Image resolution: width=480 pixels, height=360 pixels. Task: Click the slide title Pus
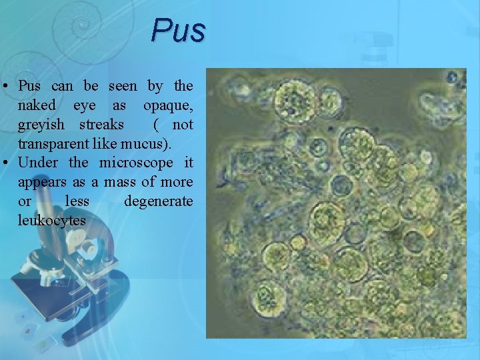click(x=178, y=30)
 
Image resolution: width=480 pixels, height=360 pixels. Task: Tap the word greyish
click(x=41, y=125)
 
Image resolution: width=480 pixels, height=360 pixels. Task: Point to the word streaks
click(x=101, y=125)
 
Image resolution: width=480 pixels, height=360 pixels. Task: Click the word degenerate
click(x=158, y=201)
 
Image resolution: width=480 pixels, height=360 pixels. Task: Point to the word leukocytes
click(x=52, y=220)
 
